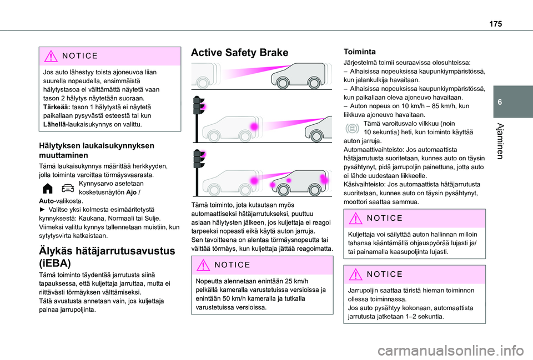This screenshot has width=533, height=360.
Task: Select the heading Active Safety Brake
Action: click(x=239, y=53)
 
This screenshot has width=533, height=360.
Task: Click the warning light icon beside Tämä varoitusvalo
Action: click(x=352, y=128)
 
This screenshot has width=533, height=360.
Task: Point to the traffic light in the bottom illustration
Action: click(x=197, y=171)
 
